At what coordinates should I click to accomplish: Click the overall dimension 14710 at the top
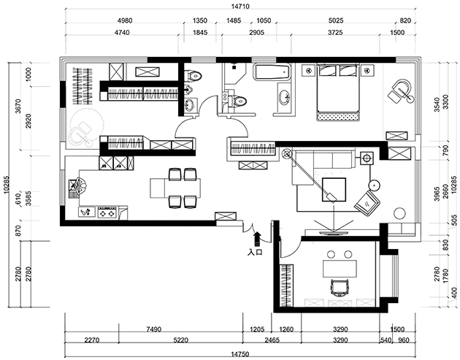(x=240, y=6)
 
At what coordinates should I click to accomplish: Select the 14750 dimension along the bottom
(x=240, y=354)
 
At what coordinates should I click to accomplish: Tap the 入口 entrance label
(x=255, y=252)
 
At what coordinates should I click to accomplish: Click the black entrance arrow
(x=257, y=239)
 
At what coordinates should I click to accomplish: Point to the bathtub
(x=272, y=72)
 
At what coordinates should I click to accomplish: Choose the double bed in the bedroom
(x=337, y=92)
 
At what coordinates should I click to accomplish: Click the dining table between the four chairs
(x=175, y=188)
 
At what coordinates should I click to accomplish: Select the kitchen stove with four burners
(x=107, y=212)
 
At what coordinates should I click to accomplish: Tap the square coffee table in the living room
(x=334, y=190)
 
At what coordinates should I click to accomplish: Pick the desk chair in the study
(x=340, y=288)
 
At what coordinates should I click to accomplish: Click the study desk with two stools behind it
(x=340, y=269)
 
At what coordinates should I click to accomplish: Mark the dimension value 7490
(x=154, y=329)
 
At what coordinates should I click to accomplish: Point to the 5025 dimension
(x=336, y=21)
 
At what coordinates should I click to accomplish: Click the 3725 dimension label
(x=335, y=33)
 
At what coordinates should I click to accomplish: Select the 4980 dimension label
(x=125, y=21)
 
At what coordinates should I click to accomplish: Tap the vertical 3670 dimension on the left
(x=18, y=107)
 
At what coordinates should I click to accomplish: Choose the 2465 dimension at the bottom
(x=272, y=340)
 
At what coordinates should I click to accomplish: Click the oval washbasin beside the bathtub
(x=284, y=97)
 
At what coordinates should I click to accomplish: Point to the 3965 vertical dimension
(x=437, y=194)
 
